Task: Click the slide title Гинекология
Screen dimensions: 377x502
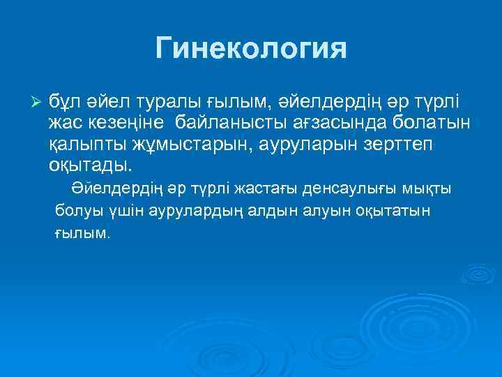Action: [251, 50]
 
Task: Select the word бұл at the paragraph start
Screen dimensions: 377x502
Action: [63, 103]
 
